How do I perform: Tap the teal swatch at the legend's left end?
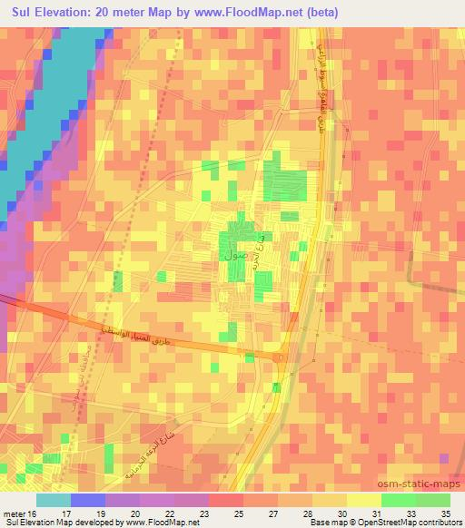coord(53,500)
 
